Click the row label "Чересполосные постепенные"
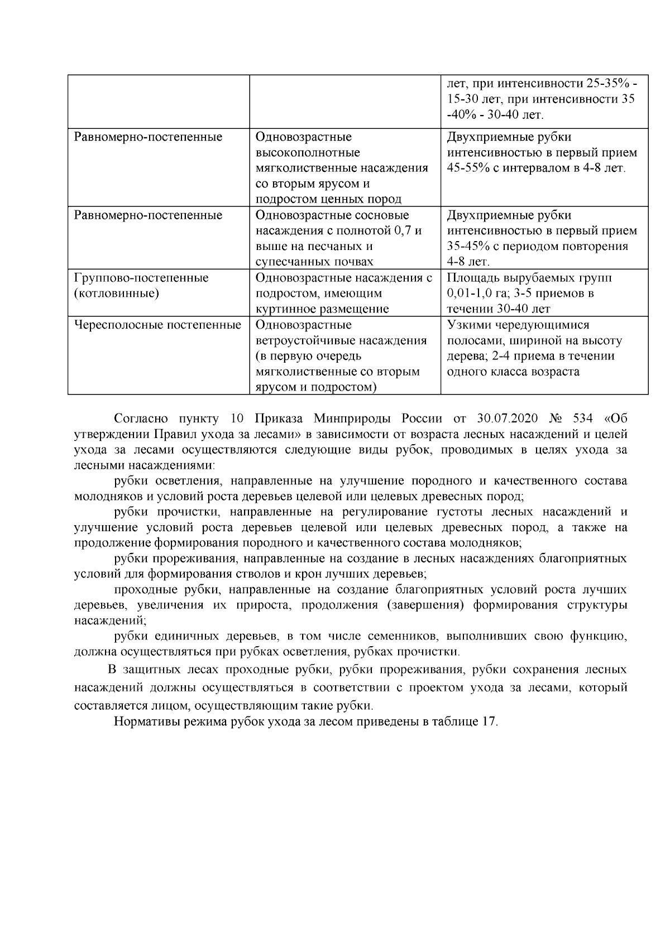157,325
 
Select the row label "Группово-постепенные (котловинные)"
141,285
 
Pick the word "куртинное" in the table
283,309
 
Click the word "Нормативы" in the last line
144,721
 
